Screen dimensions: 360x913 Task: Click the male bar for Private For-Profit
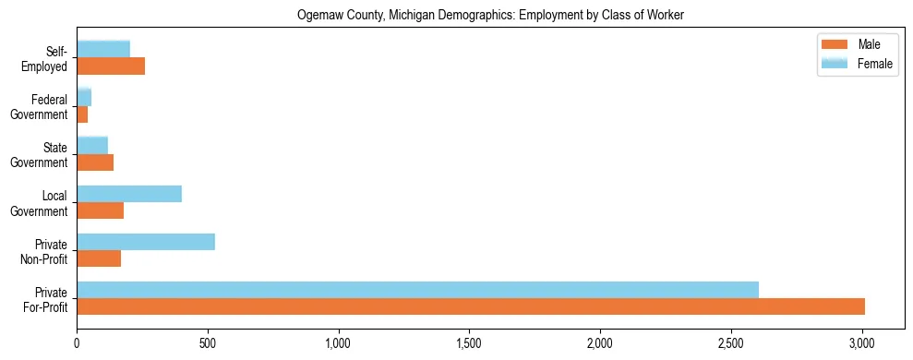click(x=471, y=306)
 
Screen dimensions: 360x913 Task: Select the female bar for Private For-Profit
click(x=417, y=290)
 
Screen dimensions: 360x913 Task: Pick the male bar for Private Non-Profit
click(x=99, y=258)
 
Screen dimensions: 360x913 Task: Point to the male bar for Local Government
click(x=100, y=210)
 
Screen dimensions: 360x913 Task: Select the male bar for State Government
click(x=95, y=162)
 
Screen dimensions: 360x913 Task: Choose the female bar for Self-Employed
click(x=103, y=49)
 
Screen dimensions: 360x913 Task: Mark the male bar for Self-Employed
click(x=111, y=66)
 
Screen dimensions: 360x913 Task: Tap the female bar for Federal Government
click(x=84, y=97)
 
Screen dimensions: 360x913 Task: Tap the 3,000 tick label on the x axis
click(x=861, y=343)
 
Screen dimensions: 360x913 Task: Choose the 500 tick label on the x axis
click(x=208, y=343)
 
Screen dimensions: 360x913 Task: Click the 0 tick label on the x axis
click(x=77, y=343)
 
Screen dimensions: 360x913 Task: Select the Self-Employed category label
click(x=47, y=58)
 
